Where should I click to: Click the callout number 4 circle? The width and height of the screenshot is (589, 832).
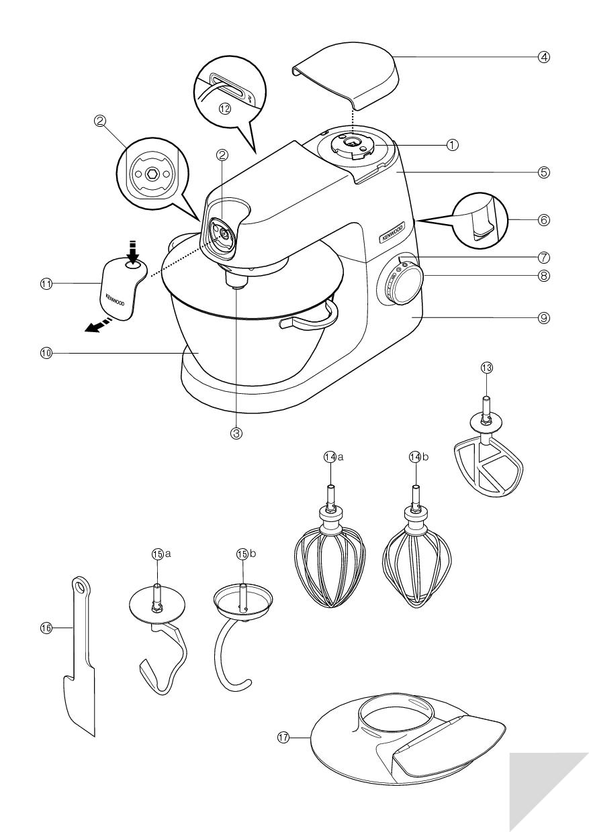tap(544, 57)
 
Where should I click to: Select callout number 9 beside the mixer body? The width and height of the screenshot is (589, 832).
tap(544, 317)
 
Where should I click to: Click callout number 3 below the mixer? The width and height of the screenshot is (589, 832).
tap(236, 433)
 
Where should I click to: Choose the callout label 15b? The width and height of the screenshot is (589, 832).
tap(241, 554)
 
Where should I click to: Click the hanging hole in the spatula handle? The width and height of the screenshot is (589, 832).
tap(81, 588)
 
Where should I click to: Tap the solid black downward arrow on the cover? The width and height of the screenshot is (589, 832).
tap(133, 253)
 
